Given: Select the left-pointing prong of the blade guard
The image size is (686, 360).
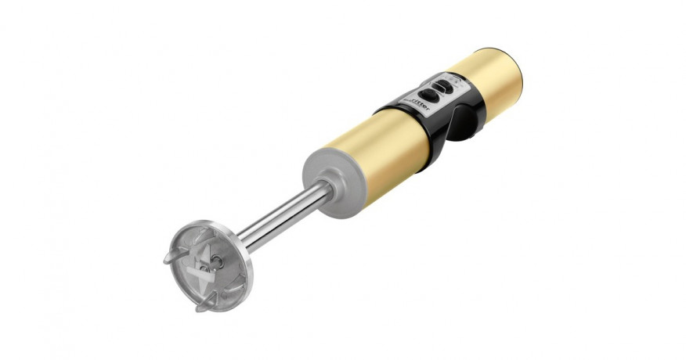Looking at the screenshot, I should [x=171, y=257].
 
